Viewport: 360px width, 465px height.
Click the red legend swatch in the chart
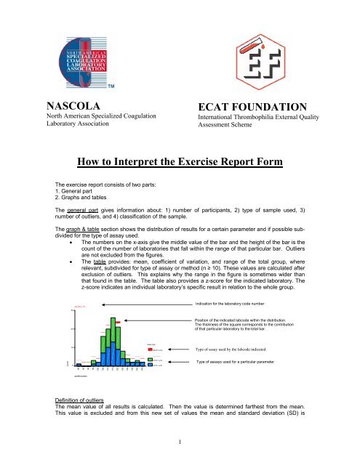[150, 349]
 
